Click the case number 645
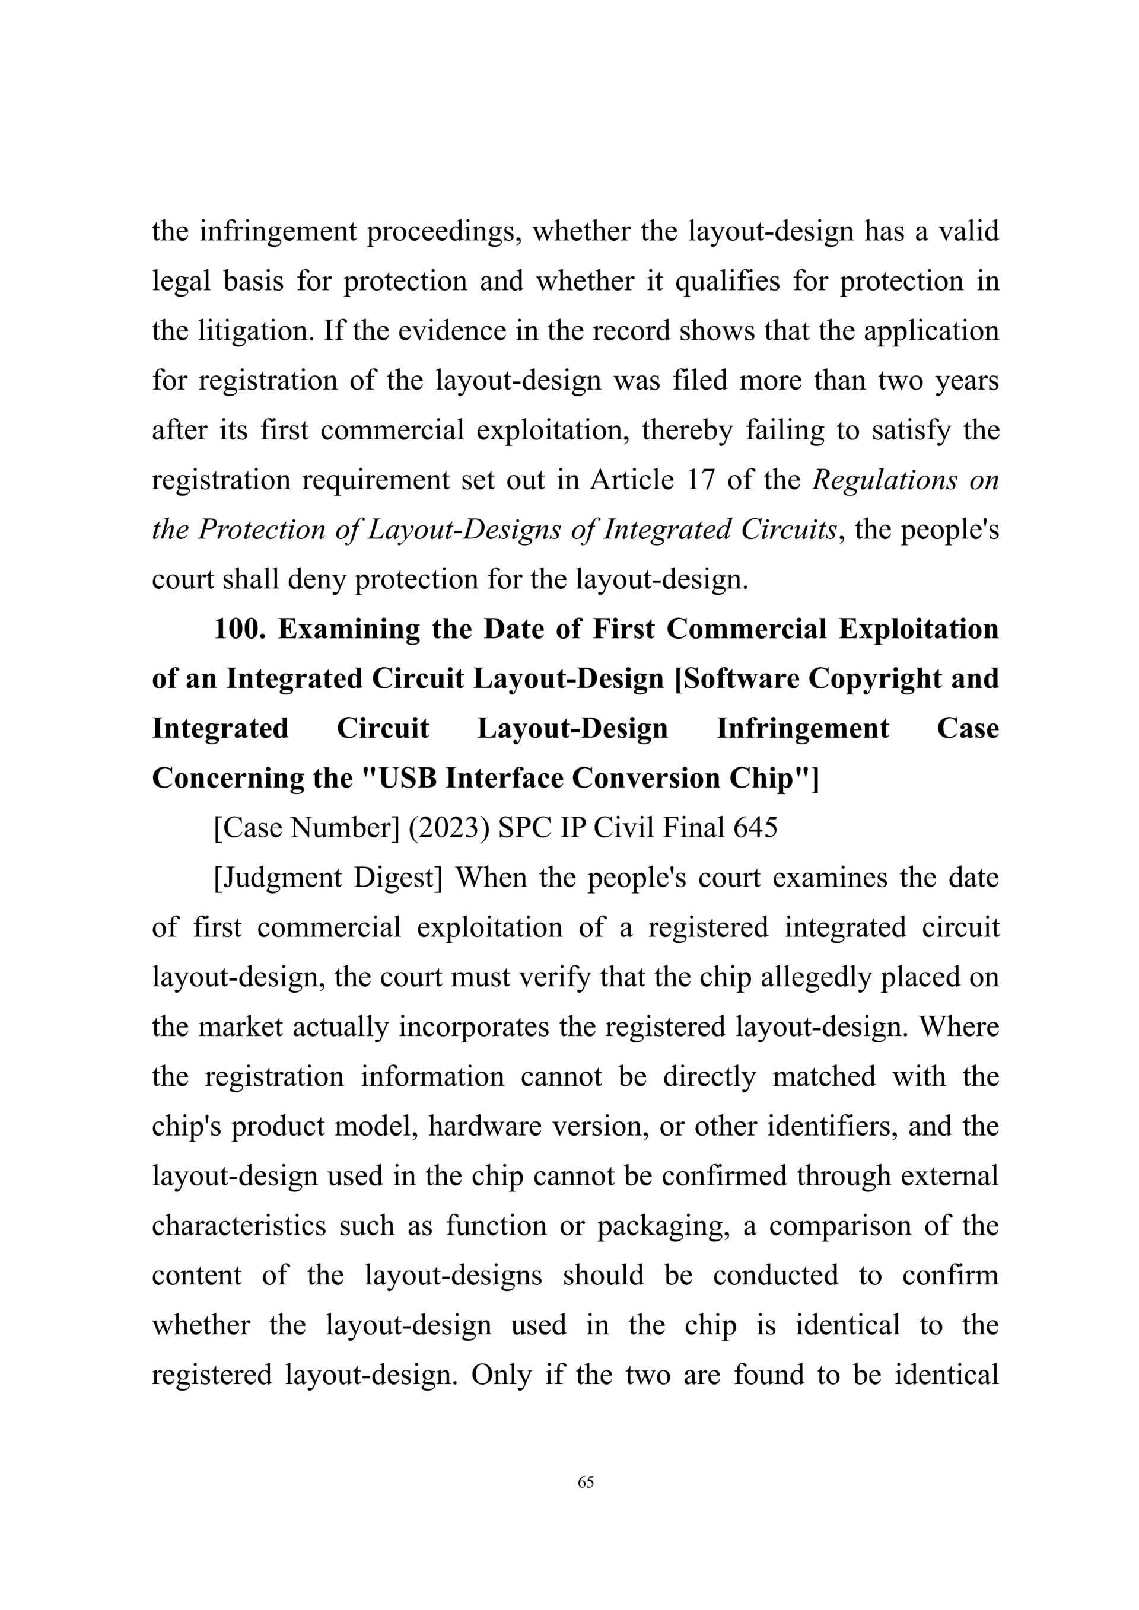pos(755,828)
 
